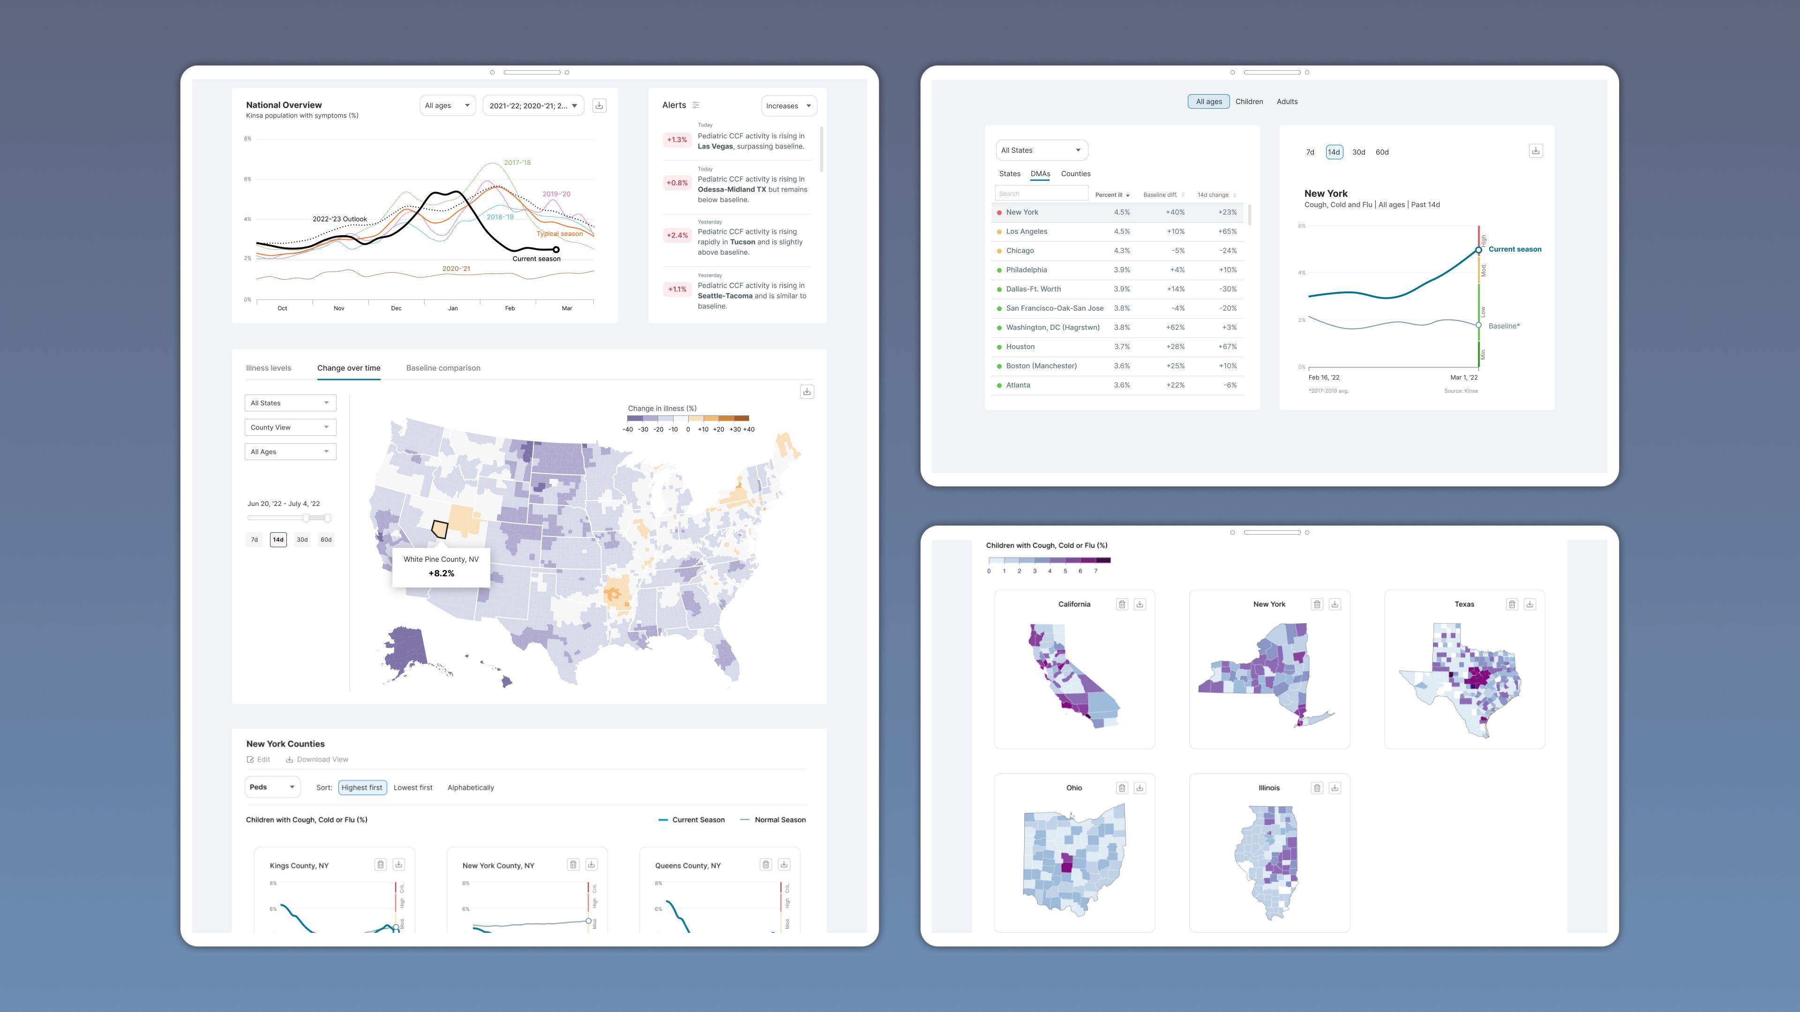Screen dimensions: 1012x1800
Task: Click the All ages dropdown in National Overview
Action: [447, 105]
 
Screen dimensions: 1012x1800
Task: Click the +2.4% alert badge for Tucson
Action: [676, 235]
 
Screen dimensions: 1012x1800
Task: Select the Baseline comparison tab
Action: [443, 368]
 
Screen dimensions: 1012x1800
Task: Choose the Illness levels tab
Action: [268, 368]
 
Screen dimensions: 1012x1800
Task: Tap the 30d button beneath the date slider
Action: [302, 540]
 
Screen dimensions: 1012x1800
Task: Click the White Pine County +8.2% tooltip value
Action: [441, 573]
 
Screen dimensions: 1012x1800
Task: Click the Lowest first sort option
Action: [412, 788]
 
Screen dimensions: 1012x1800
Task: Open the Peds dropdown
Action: [272, 787]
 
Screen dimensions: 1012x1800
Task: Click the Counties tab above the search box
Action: [1075, 174]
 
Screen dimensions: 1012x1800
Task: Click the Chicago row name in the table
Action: [1020, 251]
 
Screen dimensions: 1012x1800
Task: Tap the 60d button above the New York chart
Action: [1381, 152]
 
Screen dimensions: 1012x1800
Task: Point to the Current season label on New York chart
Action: [1514, 249]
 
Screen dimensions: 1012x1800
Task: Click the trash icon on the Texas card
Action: [1511, 604]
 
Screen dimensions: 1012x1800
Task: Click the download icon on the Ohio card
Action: [1139, 788]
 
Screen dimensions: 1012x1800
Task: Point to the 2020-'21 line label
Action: [456, 269]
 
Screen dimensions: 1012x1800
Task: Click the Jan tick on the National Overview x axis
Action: [453, 308]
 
